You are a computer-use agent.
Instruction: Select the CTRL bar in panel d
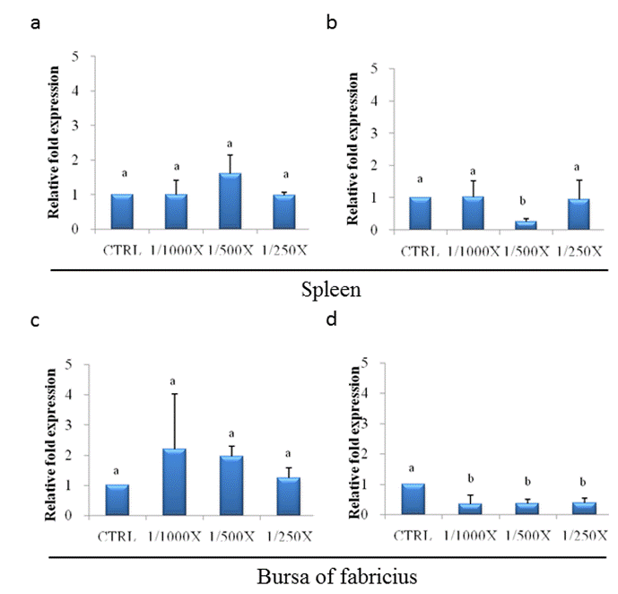pos(413,500)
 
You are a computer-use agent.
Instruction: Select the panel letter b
pos(331,24)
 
